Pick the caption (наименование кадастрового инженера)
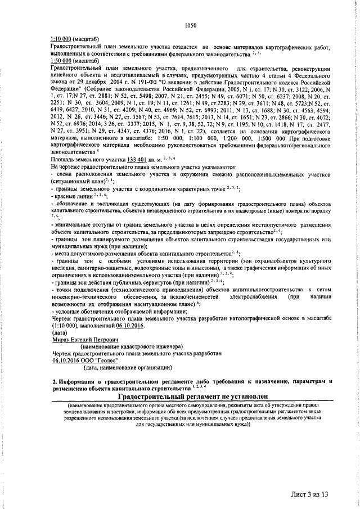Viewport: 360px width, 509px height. tap(124, 347)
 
